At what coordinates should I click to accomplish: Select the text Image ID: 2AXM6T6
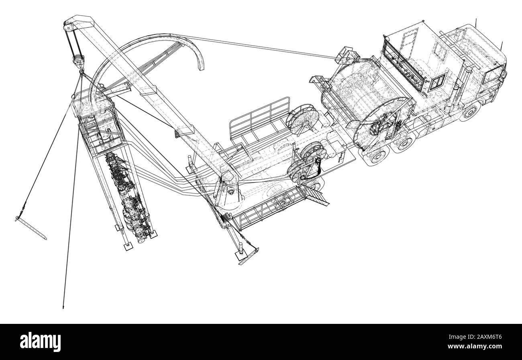[x=475, y=337]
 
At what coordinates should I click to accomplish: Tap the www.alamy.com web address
[x=475, y=346]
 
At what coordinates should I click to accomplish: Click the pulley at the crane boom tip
[x=68, y=27]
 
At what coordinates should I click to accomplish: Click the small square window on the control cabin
[x=438, y=81]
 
